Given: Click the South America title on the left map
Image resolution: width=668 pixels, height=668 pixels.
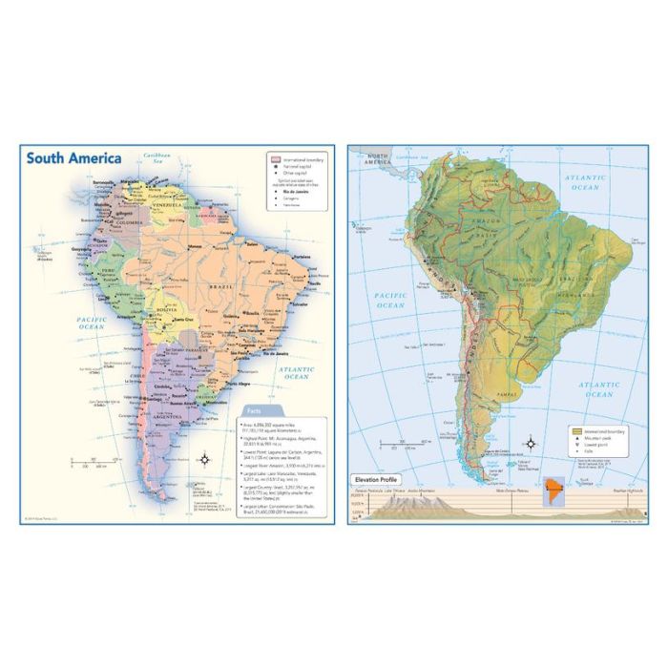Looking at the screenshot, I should click(x=73, y=158).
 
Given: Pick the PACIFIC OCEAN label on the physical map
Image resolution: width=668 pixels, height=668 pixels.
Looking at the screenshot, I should click(x=390, y=301).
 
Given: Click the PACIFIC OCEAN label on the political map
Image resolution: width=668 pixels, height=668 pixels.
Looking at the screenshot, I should click(x=92, y=324).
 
